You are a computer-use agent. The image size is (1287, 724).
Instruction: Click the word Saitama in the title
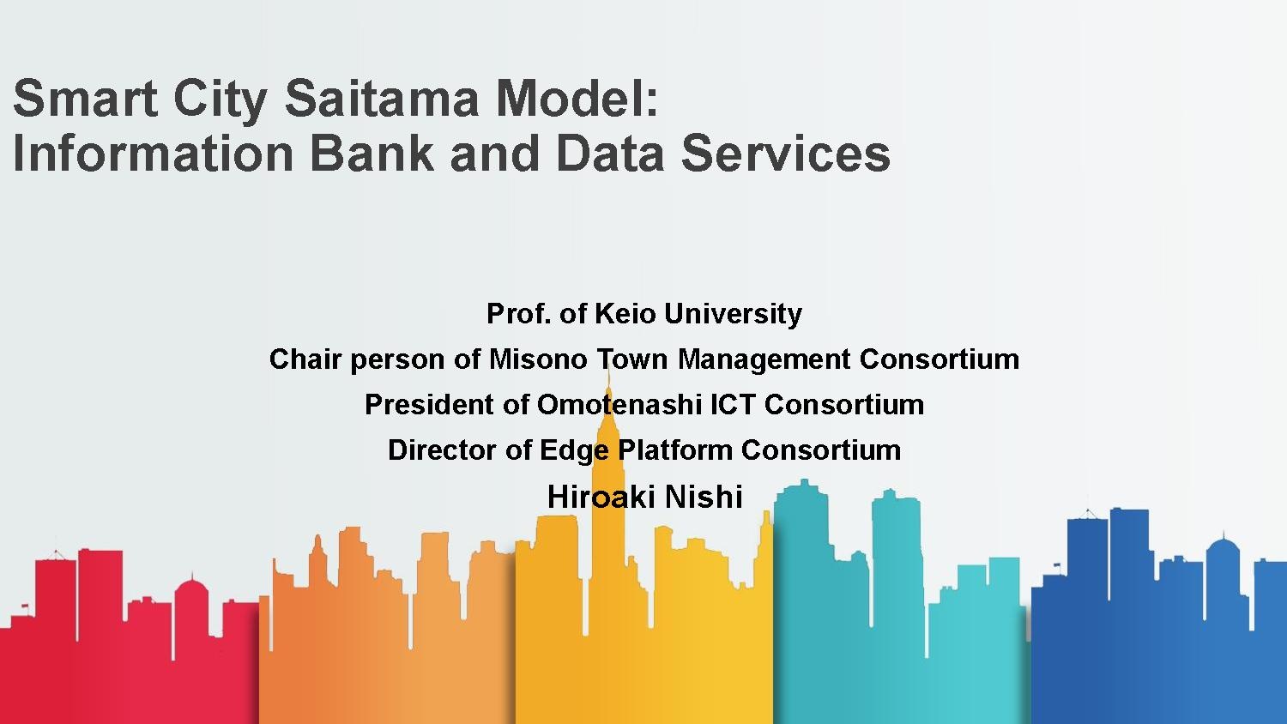382,99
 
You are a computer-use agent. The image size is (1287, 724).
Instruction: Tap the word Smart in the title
85,99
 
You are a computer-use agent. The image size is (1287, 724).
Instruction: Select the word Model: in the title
577,99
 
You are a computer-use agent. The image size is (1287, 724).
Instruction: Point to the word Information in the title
153,153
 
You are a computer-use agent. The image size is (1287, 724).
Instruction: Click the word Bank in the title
372,153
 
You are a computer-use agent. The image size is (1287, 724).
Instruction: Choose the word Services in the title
786,153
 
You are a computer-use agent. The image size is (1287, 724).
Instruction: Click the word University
733,315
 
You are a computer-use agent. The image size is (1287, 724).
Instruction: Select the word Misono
538,359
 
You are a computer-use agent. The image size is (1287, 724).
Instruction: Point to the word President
429,405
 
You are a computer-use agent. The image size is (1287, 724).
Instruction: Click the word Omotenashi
619,405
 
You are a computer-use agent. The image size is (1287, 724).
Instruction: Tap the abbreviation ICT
733,405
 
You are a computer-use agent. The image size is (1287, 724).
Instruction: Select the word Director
442,449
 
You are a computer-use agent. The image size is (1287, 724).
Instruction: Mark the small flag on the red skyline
24,606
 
